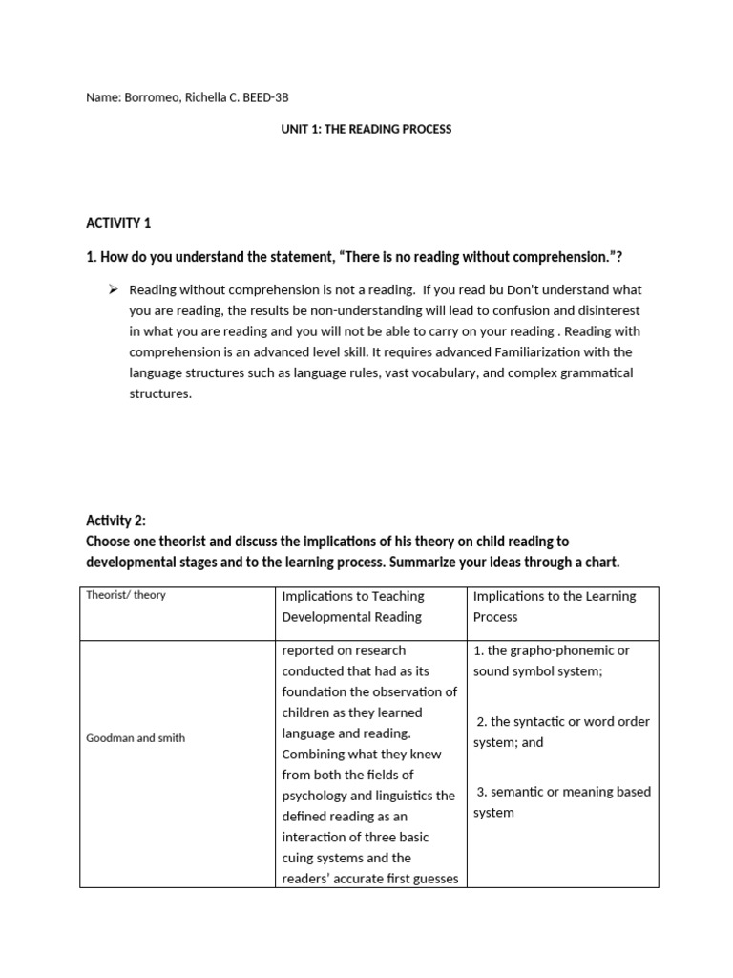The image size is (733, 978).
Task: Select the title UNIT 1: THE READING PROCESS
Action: [366, 129]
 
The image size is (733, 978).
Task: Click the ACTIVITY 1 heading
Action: [118, 223]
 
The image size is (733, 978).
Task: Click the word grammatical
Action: [596, 372]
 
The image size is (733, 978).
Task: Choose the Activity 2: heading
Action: [116, 521]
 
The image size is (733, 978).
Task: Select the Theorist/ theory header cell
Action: [125, 595]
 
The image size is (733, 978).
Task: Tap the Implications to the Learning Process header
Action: [554, 606]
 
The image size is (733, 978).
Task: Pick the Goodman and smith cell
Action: [136, 738]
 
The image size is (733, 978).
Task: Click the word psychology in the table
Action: [317, 796]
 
